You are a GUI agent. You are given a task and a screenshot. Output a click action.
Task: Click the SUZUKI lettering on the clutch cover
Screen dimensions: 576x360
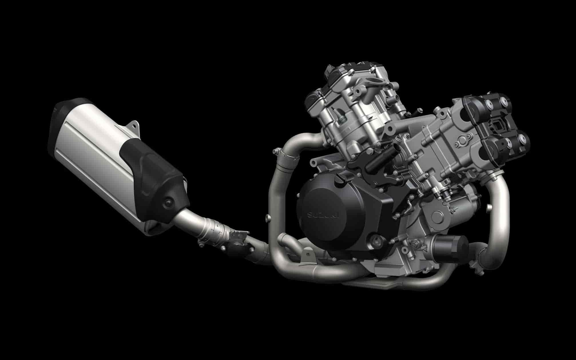coord(322,215)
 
